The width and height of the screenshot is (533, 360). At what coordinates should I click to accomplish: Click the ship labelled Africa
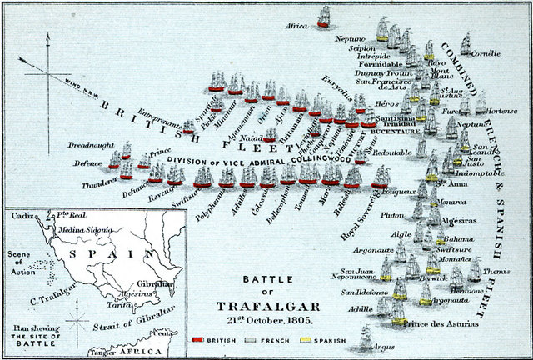[324, 13]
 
